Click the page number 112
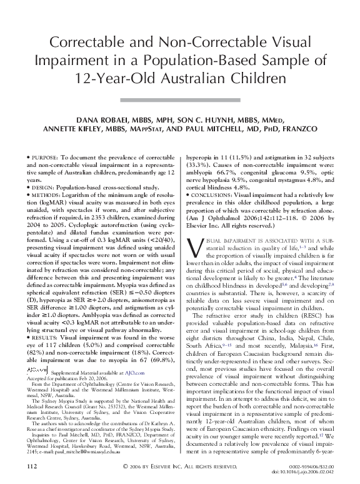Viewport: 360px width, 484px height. click(x=32, y=467)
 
